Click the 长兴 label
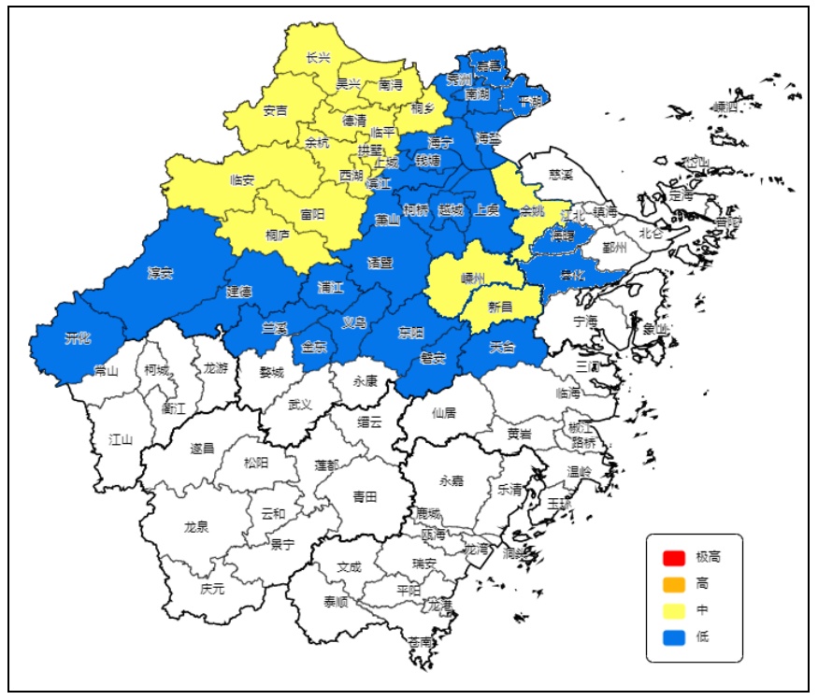(x=318, y=58)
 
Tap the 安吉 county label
(x=275, y=110)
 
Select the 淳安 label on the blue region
(x=160, y=273)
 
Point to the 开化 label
(x=78, y=337)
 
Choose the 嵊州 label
(x=474, y=278)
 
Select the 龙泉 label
(x=196, y=527)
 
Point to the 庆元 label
(x=212, y=589)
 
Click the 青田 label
(x=365, y=497)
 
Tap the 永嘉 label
(x=451, y=481)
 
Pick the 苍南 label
(x=421, y=642)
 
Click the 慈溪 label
(x=561, y=174)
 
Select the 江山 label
(x=121, y=438)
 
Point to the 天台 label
(x=502, y=348)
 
